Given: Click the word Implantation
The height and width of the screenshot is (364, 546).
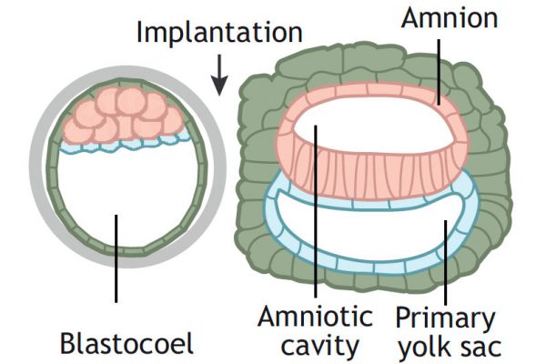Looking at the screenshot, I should pos(218,33).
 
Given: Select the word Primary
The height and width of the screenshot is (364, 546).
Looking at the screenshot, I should pos(445,318).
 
